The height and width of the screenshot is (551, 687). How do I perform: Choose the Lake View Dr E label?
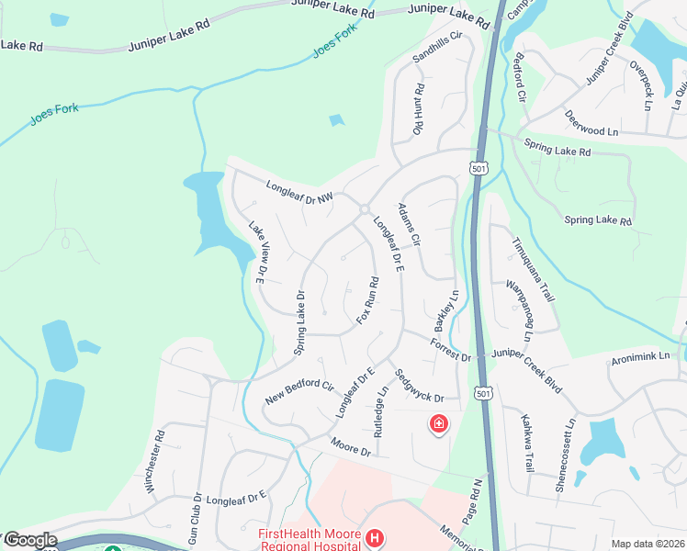coord(256,250)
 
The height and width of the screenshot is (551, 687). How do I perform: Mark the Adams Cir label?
coord(409,224)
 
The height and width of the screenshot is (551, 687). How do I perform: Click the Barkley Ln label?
coord(446,312)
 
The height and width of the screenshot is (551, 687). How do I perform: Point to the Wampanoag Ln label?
coord(516,310)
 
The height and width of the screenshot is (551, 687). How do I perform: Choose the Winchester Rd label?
coord(154,460)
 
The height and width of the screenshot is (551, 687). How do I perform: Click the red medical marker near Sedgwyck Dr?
coord(439,423)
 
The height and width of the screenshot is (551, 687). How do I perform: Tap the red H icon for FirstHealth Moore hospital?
coord(374,537)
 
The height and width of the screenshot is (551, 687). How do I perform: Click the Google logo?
coord(30,541)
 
